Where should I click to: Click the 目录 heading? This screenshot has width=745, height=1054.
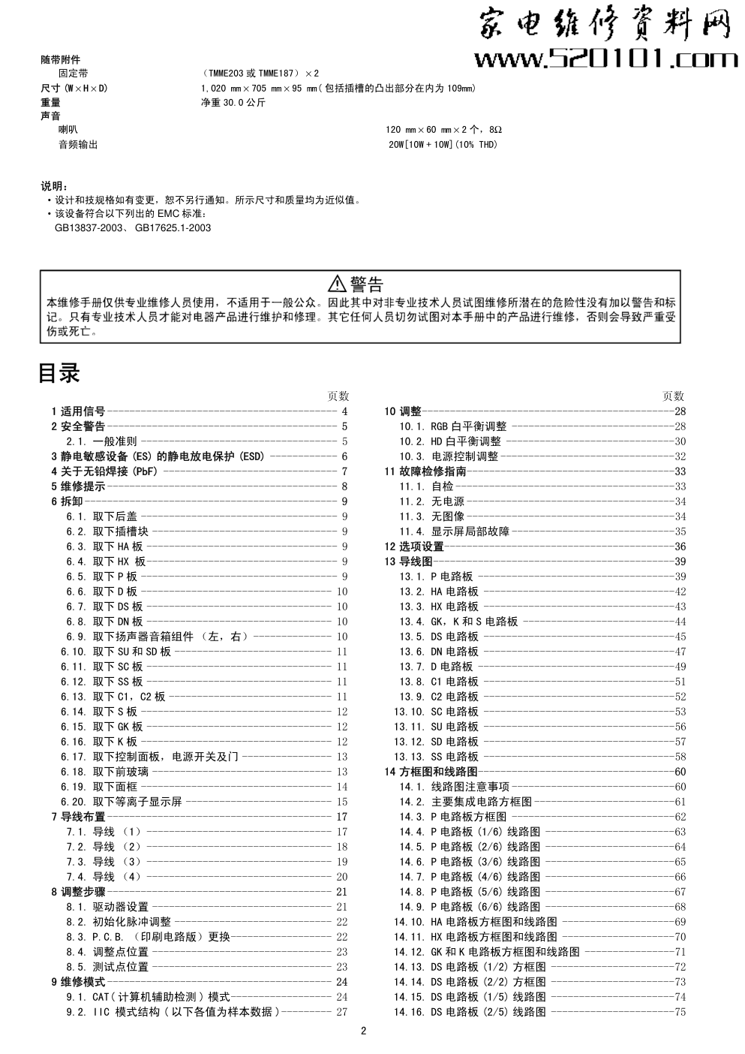click(59, 374)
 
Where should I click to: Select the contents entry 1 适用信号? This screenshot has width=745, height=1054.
click(78, 411)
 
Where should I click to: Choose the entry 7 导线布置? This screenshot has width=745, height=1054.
click(78, 817)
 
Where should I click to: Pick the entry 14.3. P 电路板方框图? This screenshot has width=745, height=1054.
click(453, 817)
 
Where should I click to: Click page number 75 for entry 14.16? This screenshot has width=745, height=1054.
click(680, 1012)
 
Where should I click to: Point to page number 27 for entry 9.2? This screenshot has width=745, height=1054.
click(341, 1012)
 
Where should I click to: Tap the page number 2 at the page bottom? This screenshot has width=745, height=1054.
click(363, 1031)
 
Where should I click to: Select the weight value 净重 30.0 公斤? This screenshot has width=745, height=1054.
click(233, 103)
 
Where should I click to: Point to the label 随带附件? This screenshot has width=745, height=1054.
click(60, 59)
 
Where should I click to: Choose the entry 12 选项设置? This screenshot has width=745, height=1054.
click(414, 547)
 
